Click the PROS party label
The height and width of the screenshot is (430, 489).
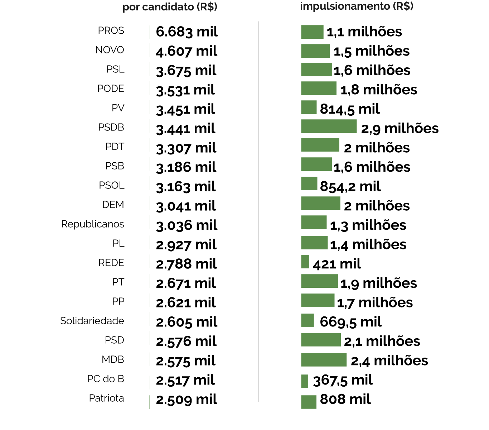click(111, 31)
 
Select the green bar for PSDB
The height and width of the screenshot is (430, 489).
click(329, 126)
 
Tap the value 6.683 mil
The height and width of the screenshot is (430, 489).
click(187, 32)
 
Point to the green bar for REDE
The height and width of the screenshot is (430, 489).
click(305, 262)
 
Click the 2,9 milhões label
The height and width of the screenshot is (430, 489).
click(400, 129)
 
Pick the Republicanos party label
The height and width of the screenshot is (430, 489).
click(92, 224)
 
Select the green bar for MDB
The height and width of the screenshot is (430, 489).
click(324, 360)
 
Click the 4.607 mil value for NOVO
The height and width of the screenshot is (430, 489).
click(187, 51)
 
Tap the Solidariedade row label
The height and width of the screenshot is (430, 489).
click(92, 321)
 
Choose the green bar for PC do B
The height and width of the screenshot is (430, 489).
click(305, 381)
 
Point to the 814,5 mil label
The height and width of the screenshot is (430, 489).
click(350, 109)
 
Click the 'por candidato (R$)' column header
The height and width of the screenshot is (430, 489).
click(170, 7)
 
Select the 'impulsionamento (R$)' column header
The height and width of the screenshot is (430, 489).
click(357, 6)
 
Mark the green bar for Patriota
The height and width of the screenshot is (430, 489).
click(309, 402)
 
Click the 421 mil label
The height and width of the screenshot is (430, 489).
click(337, 264)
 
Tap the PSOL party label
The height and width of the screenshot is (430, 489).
click(112, 186)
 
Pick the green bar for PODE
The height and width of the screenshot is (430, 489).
click(319, 88)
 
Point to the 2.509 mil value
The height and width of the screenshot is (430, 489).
click(187, 400)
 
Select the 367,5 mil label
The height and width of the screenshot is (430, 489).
click(343, 380)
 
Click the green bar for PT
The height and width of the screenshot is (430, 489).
click(319, 281)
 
